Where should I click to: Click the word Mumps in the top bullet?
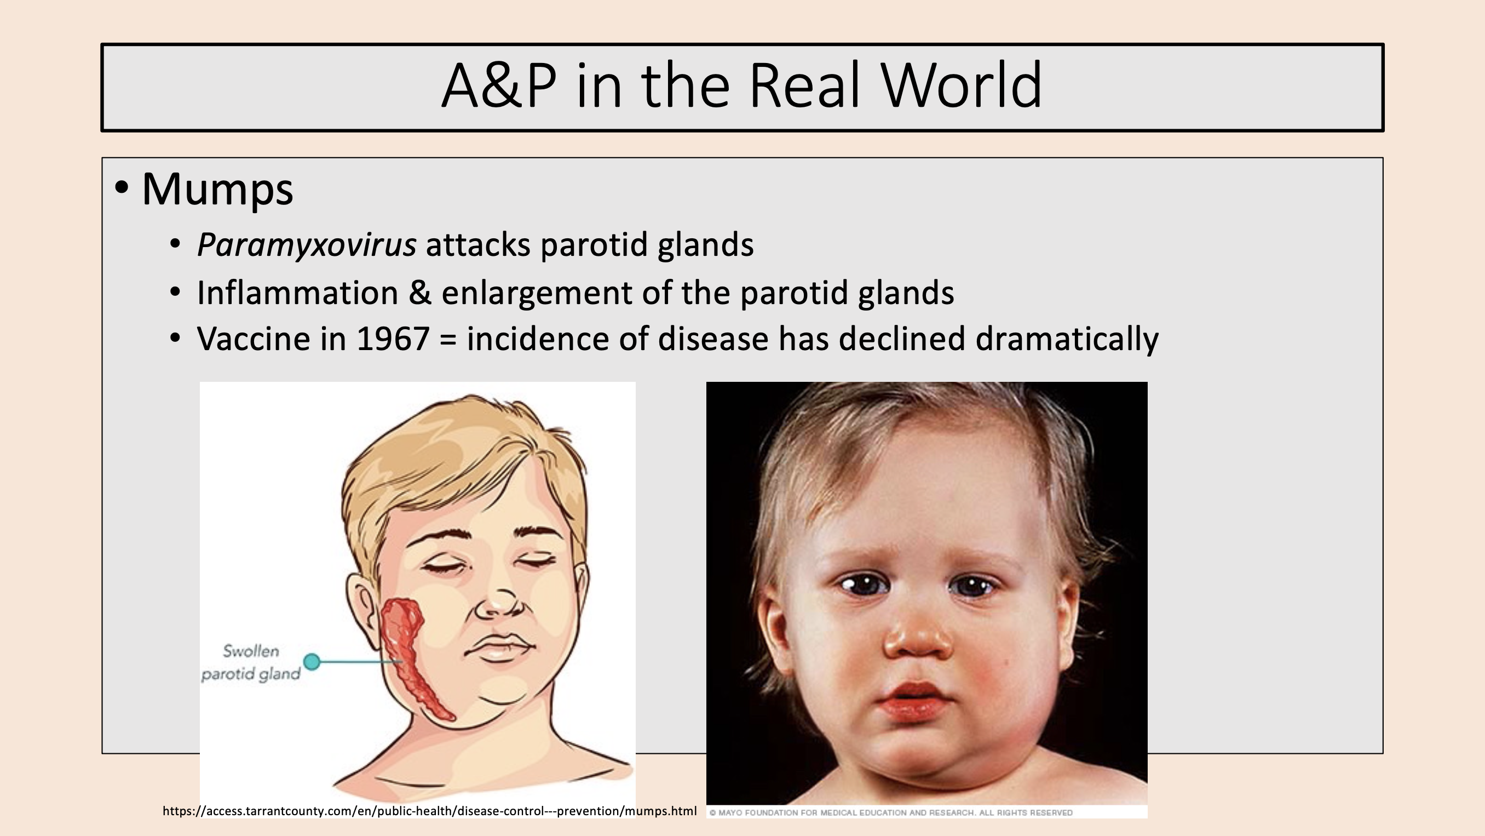pos(217,189)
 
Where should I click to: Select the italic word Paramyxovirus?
pos(306,245)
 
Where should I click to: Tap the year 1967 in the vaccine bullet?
pos(393,339)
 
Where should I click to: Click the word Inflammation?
pos(297,293)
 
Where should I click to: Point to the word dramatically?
pos(1067,339)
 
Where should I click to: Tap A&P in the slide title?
pos(499,87)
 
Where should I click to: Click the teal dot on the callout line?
pos(312,661)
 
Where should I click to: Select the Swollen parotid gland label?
pos(251,662)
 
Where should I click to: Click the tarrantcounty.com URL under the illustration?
pos(429,811)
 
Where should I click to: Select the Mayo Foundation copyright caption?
pos(891,813)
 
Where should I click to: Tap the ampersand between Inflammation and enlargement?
pos(419,293)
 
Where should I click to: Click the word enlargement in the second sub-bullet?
pos(537,294)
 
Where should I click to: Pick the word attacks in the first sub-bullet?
pos(478,245)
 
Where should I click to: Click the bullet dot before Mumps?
pos(122,187)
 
